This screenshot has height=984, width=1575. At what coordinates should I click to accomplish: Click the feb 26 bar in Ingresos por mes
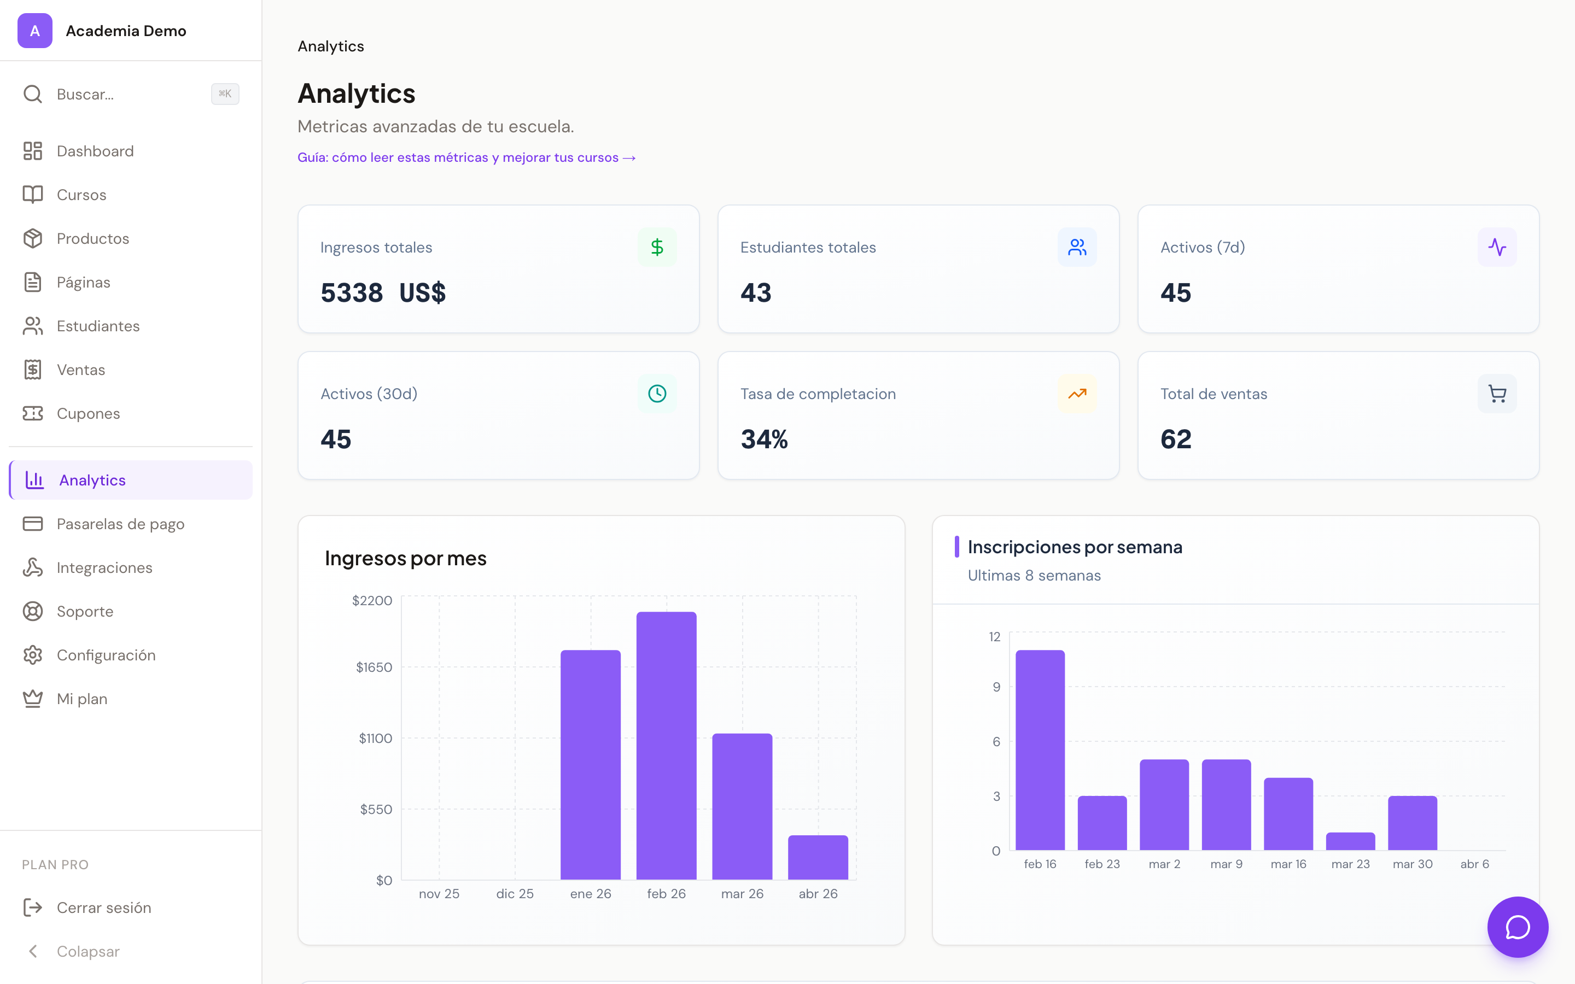(666, 745)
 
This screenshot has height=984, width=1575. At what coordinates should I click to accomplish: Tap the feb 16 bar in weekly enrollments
(1040, 749)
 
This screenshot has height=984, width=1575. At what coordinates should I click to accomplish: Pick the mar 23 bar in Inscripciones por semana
(1350, 841)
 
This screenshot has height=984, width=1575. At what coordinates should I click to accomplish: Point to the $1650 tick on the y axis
(374, 667)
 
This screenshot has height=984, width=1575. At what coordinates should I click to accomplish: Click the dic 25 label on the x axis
(514, 894)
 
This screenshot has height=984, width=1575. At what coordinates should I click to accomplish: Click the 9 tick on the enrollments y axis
(996, 687)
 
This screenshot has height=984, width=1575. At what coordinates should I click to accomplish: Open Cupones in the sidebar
(88, 413)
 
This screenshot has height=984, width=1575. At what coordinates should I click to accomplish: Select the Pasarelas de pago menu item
(120, 524)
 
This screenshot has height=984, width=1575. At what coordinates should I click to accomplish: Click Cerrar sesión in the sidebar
(103, 907)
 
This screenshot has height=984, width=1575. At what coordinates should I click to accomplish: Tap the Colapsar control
(88, 951)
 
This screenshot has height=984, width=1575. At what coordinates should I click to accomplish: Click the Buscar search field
(130, 95)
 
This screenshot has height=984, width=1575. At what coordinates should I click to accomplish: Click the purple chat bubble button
(1517, 927)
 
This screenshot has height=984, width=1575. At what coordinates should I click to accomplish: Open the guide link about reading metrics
(466, 157)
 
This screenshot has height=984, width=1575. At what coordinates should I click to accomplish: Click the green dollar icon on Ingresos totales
(657, 247)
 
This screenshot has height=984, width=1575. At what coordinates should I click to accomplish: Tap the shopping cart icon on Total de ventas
(1496, 394)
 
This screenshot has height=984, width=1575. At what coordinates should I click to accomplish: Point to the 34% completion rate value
(764, 440)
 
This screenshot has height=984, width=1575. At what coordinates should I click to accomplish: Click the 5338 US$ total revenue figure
(383, 293)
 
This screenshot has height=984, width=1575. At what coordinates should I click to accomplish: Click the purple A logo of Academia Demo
(34, 31)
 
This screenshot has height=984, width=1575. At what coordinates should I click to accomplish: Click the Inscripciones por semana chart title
(1075, 547)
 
